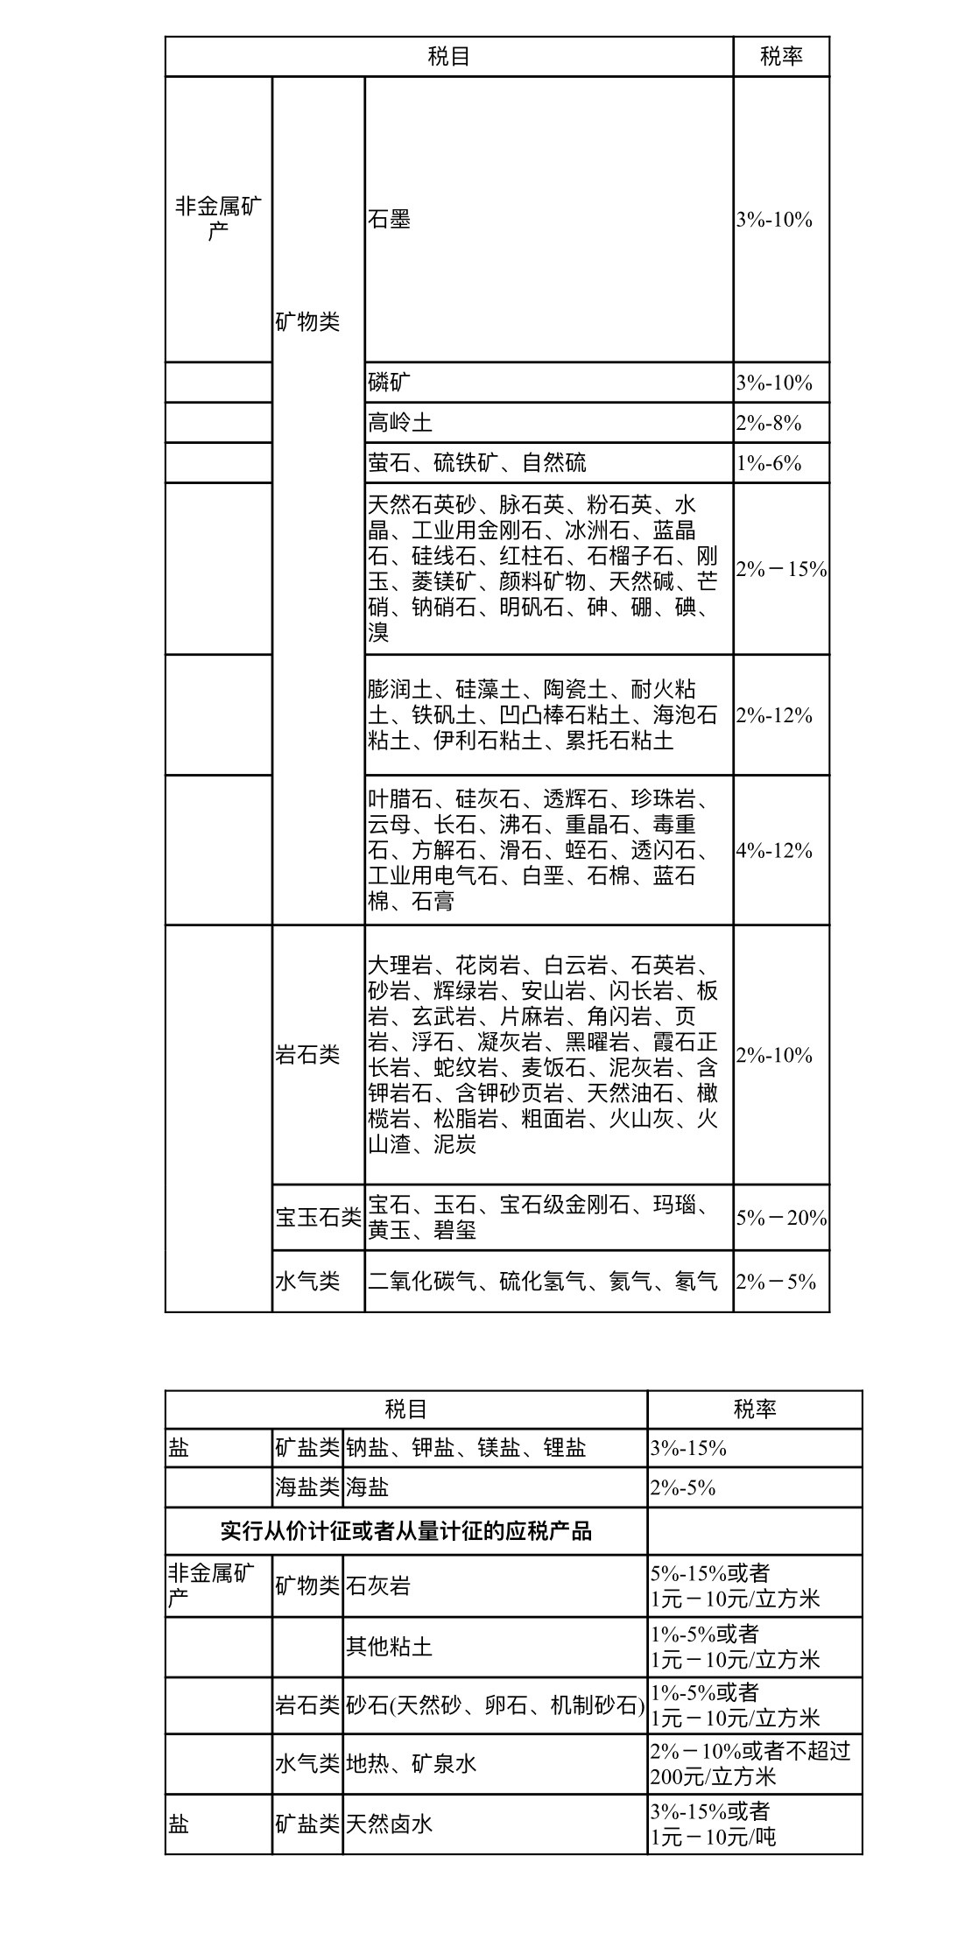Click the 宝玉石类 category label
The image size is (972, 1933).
tap(318, 1217)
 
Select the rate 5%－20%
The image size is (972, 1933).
tap(781, 1217)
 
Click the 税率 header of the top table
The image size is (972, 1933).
tap(781, 57)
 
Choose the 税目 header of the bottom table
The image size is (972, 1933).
tap(406, 1409)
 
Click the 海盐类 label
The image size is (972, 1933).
tap(306, 1487)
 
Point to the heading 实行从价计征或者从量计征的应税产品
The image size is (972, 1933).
tap(406, 1531)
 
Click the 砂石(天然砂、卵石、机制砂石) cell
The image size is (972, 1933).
tap(495, 1705)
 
